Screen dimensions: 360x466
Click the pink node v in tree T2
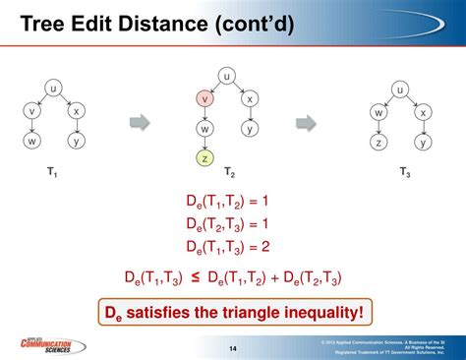tap(204, 99)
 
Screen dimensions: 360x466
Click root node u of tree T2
tap(227, 75)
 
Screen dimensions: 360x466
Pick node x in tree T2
tap(251, 99)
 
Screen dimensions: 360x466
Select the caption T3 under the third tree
tap(403, 173)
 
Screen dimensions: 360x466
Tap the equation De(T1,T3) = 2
tap(227, 245)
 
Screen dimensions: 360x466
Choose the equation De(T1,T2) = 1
tap(227, 201)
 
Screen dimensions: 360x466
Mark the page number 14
tap(233, 347)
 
